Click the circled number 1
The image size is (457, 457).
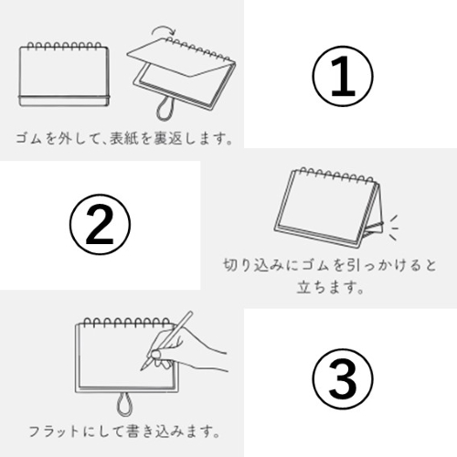point(343,76)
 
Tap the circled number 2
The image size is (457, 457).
point(100,225)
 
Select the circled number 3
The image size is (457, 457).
point(343,378)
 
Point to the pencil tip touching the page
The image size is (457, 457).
point(142,369)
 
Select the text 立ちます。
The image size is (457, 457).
point(331,287)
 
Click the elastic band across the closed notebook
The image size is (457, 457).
point(64,97)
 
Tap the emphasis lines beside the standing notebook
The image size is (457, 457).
point(393,228)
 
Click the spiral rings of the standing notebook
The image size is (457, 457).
point(335,175)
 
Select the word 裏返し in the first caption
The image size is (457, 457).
point(174,138)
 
